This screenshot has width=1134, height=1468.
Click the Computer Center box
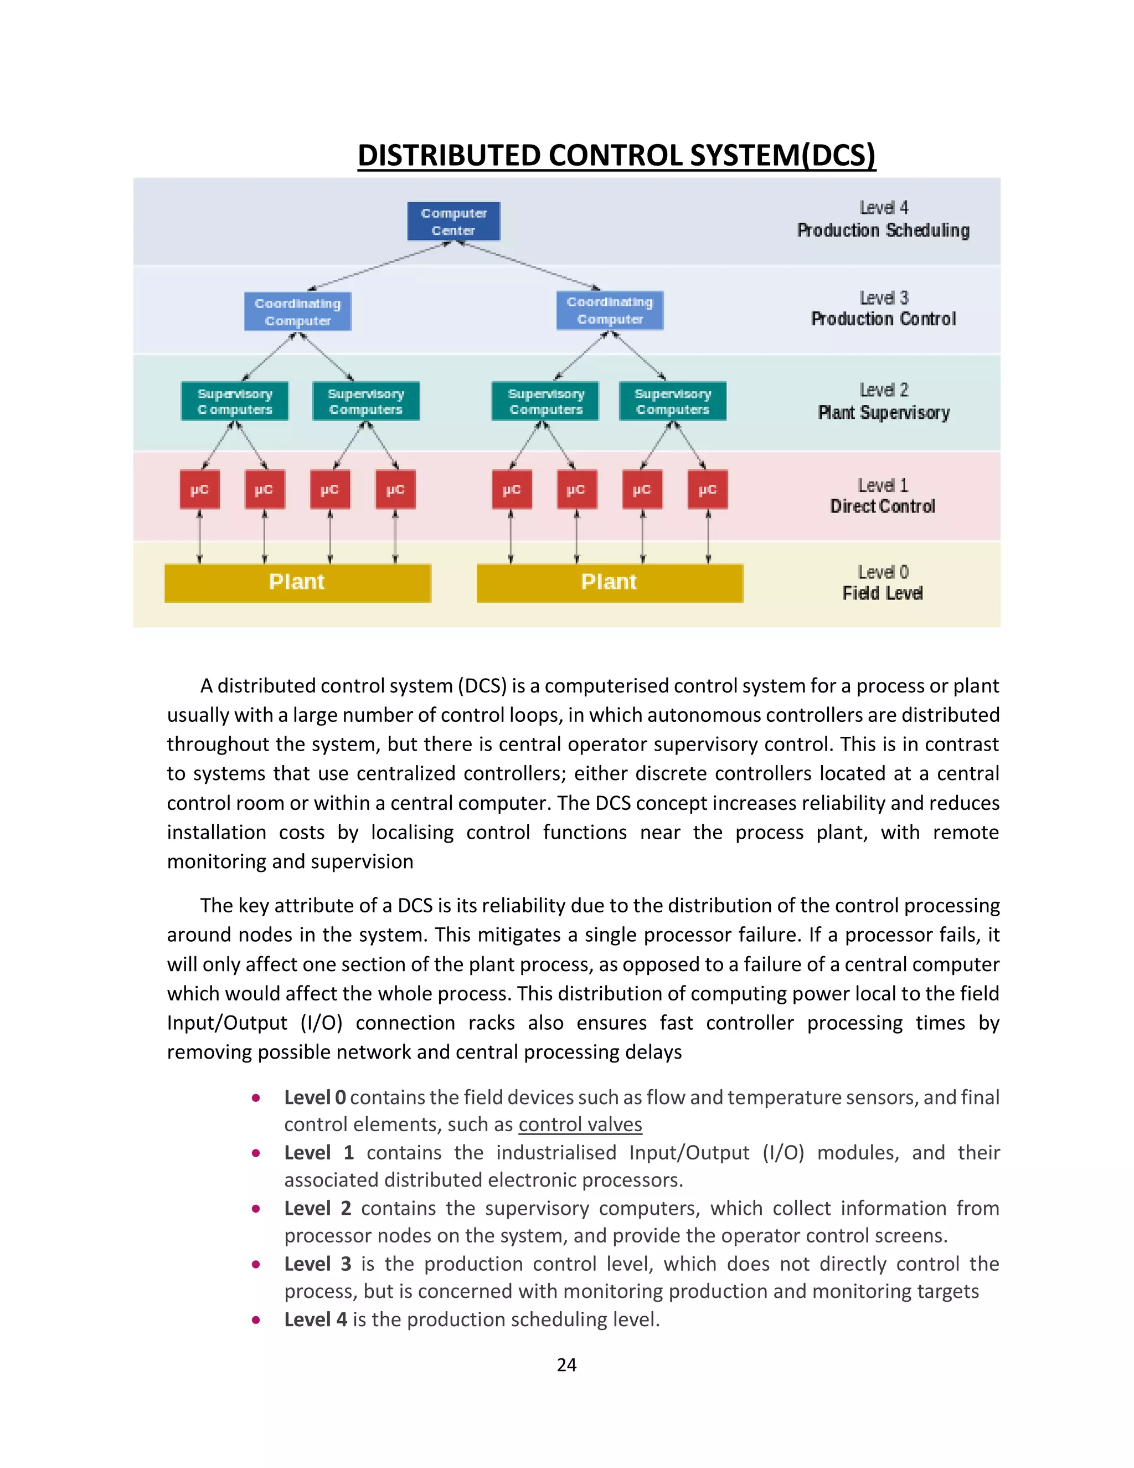tap(453, 221)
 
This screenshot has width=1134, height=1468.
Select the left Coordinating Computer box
tap(297, 311)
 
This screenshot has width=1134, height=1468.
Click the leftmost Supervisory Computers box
tap(234, 401)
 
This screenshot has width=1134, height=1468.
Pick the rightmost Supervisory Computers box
tap(672, 401)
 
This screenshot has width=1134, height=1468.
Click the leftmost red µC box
tap(199, 489)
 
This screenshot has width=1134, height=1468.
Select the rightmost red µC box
tap(708, 489)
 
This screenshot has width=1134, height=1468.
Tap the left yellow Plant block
tap(297, 582)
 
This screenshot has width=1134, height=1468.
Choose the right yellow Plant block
tap(609, 582)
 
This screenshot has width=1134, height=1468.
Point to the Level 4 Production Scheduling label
tap(883, 220)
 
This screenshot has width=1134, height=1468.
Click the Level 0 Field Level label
tap(883, 583)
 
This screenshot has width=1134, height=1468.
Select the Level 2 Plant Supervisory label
tap(883, 401)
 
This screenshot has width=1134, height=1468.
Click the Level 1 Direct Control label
tap(883, 496)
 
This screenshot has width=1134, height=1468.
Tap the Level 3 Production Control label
tap(883, 309)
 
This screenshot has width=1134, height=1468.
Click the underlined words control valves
tap(580, 1125)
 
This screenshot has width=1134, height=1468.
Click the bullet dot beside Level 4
tap(256, 1320)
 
